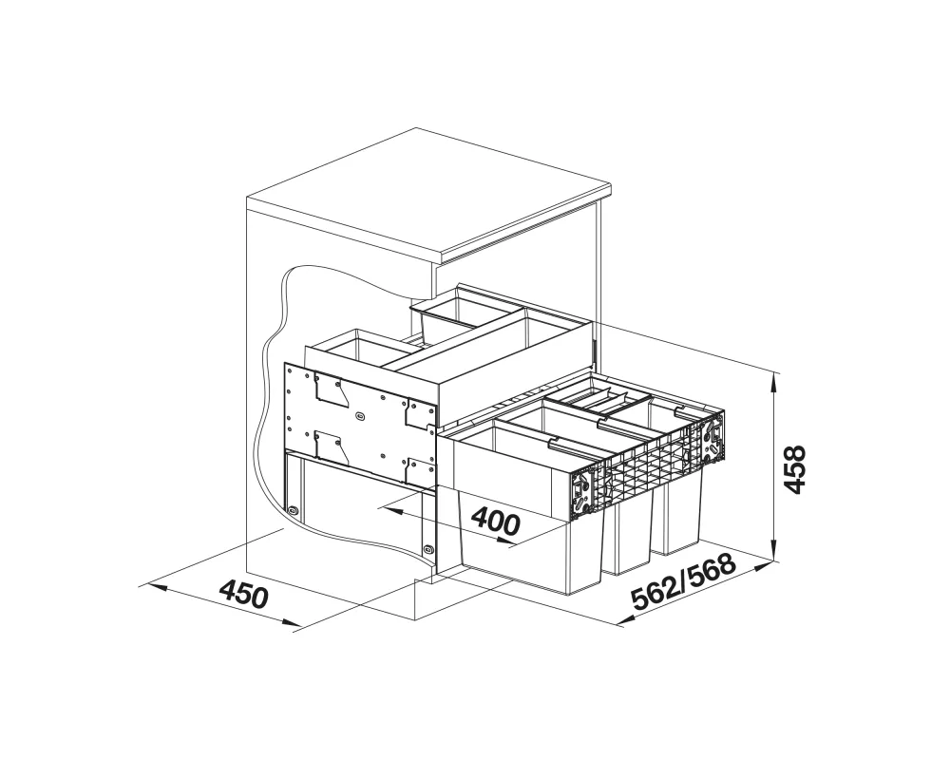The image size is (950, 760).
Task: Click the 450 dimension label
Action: pyautogui.click(x=243, y=594)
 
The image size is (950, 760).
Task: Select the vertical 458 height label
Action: pyautogui.click(x=793, y=468)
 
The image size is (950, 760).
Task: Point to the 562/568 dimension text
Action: pyautogui.click(x=683, y=581)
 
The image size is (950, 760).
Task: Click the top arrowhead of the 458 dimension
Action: pyautogui.click(x=773, y=382)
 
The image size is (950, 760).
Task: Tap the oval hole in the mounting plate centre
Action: pyautogui.click(x=361, y=416)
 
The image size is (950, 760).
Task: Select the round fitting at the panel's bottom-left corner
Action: pyautogui.click(x=294, y=510)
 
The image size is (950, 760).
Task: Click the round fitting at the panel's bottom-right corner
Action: pyautogui.click(x=429, y=549)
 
